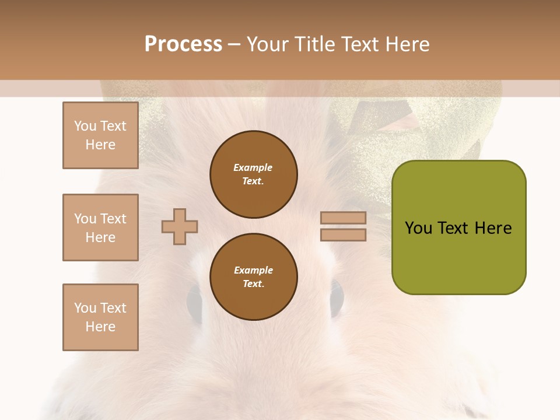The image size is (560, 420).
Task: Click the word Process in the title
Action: point(183,44)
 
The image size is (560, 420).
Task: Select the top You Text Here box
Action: point(100,135)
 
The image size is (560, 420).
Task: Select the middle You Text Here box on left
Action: point(100,228)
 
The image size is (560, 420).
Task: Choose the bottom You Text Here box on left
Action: point(100,317)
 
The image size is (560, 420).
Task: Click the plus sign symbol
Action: point(180,226)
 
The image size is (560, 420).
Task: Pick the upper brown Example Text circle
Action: point(253,174)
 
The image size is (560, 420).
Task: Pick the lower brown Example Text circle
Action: point(253,277)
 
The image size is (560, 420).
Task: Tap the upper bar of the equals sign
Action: point(343,218)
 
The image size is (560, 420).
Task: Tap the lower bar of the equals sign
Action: point(343,235)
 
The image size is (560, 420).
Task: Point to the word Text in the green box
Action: point(454,228)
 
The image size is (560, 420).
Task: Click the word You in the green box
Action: point(419,228)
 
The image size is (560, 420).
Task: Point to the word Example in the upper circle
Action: point(253,167)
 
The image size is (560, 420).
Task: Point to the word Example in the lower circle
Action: point(253,270)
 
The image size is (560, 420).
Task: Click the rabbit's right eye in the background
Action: point(337,297)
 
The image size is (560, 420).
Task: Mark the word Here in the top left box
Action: point(100,145)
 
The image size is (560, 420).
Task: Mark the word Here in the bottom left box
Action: point(100,327)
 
